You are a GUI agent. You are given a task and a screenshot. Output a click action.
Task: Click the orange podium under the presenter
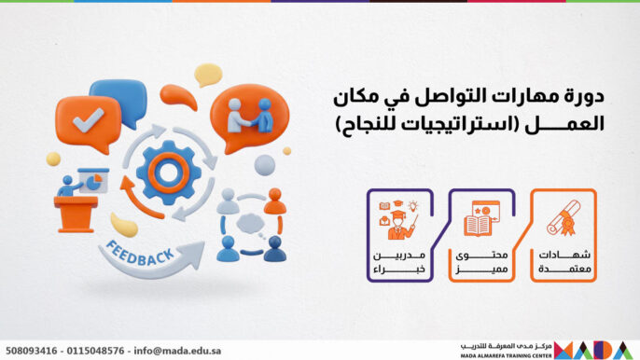coord(75,214)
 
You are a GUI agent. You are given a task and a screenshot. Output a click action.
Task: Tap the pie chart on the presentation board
coord(94,176)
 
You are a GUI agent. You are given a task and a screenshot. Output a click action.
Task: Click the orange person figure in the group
coord(273,201)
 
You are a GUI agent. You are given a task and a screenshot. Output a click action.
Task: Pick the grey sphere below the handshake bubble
coord(266,165)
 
